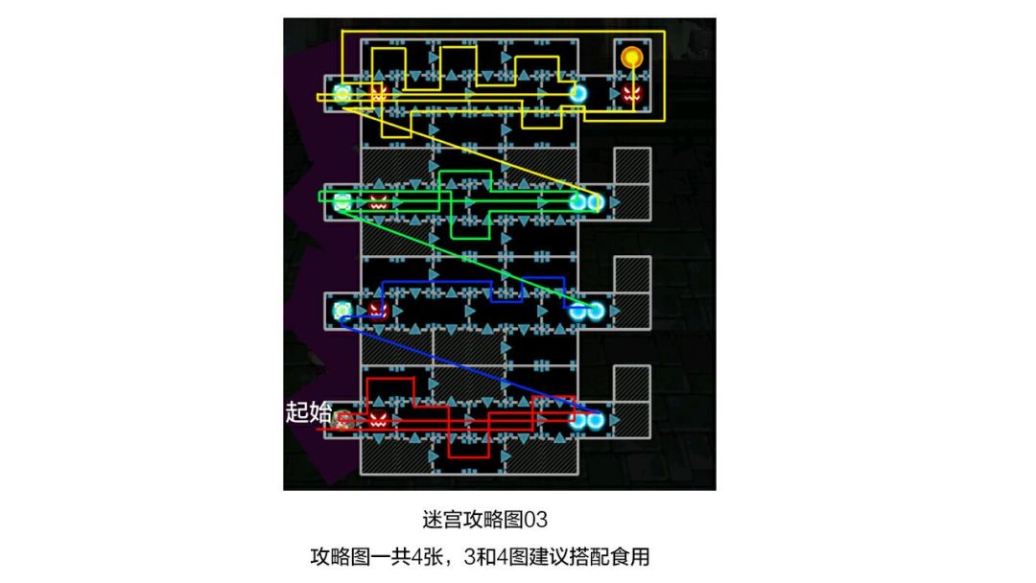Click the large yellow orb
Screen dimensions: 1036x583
coord(631,58)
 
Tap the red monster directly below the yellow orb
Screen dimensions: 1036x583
coord(631,93)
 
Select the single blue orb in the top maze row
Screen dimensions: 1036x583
coord(578,94)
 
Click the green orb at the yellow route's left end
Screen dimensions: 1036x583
coord(342,94)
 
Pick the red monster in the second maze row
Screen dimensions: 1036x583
coord(378,202)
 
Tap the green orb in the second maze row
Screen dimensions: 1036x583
coord(342,202)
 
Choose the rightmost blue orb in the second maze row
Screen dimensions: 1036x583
coord(596,202)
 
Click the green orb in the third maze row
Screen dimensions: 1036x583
coord(342,311)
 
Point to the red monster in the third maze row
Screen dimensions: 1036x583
coord(378,311)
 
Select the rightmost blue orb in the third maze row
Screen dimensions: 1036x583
coord(596,311)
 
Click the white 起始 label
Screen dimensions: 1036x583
coord(308,412)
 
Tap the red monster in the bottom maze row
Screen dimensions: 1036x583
coord(378,419)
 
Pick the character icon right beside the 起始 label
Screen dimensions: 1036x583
coord(342,419)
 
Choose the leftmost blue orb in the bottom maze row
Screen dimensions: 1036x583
coord(578,419)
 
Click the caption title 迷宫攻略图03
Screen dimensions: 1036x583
coord(485,520)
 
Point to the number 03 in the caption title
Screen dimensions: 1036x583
coord(535,520)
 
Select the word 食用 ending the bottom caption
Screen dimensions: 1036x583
coord(630,556)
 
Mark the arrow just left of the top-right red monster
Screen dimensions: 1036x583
coord(615,94)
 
